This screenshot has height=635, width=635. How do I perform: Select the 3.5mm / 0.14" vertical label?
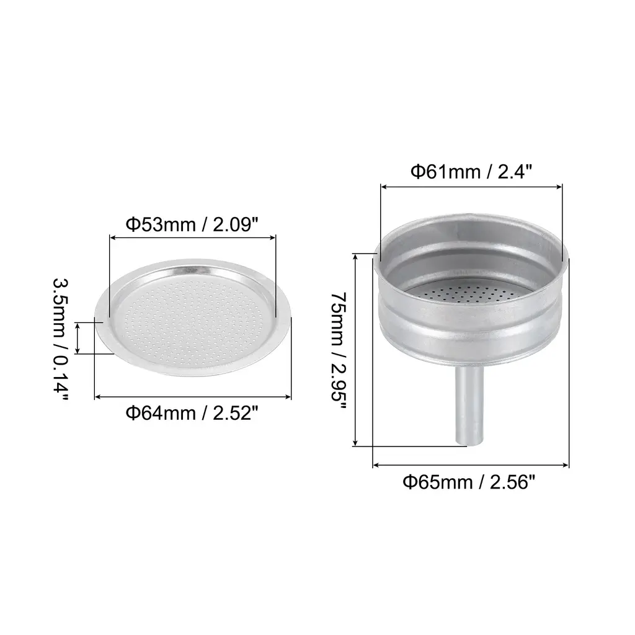pos(61,339)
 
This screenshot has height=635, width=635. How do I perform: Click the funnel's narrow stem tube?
pos(469,406)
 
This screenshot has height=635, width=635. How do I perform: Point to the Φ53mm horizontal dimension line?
pos(193,238)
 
